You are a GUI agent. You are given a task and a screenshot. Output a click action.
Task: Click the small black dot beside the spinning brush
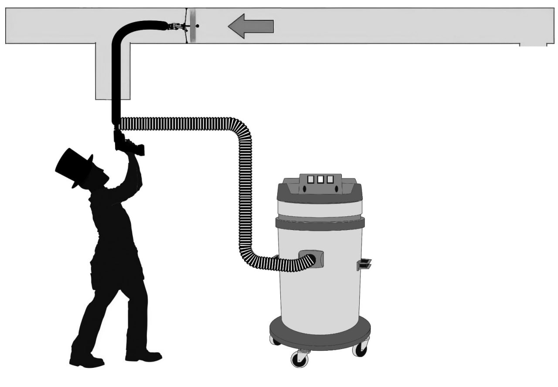pos(197,26)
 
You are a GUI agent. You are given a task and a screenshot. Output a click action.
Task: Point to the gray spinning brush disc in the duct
pos(192,26)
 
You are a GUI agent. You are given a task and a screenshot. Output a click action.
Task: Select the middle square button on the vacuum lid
pos(320,179)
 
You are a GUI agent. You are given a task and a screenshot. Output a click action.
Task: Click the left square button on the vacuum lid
pos(311,179)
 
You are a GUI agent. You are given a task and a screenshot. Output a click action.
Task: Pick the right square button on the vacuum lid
pos(330,179)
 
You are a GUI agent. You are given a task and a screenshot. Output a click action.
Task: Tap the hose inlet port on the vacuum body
pos(313,259)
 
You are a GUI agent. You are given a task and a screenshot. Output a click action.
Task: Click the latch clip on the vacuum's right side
pos(364,264)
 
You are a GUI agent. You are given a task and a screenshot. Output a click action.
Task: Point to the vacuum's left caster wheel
pos(275,341)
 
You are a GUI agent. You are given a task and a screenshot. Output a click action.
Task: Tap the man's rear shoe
pos(87,361)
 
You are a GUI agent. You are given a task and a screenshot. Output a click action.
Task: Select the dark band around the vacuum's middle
pos(320,223)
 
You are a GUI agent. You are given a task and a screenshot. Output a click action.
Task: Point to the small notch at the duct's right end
pos(533,45)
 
